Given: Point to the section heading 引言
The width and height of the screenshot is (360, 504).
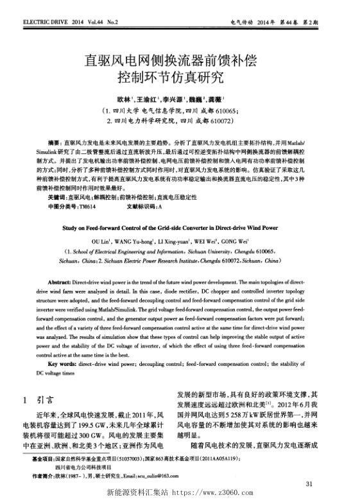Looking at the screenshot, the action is (46, 399).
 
